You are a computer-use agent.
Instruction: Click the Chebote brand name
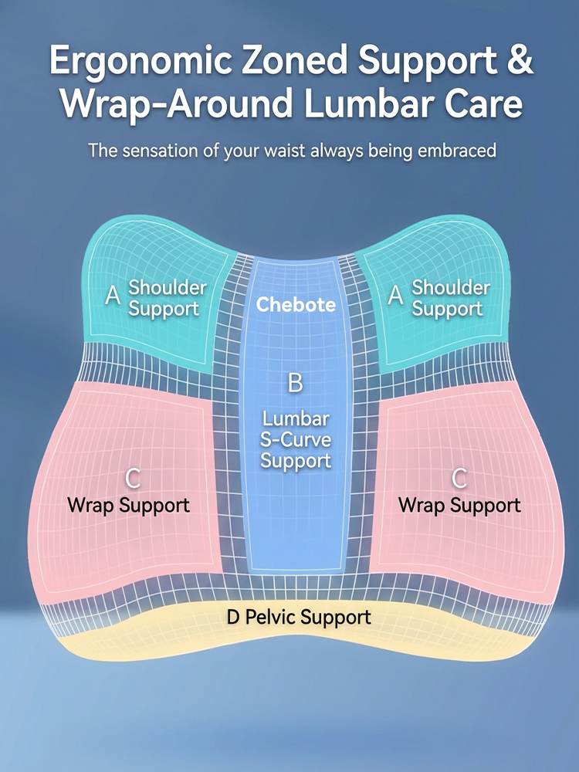[x=296, y=304]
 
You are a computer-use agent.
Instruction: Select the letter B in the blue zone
[x=295, y=383]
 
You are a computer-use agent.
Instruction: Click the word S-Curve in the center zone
[x=296, y=440]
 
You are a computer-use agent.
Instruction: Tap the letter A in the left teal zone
[x=113, y=296]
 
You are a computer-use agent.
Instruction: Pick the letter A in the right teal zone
[x=396, y=296]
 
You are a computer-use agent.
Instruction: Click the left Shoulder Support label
[x=167, y=298]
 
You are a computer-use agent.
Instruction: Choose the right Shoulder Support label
[x=451, y=298]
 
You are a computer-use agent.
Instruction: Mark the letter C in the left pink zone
[x=132, y=479]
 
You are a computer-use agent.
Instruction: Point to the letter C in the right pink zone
[x=459, y=479]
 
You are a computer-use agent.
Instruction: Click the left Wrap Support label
[x=128, y=506]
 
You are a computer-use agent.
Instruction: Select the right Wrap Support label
[x=459, y=506]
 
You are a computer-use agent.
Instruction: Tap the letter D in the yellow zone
[x=233, y=617]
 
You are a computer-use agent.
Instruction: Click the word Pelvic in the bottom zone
[x=271, y=618]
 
